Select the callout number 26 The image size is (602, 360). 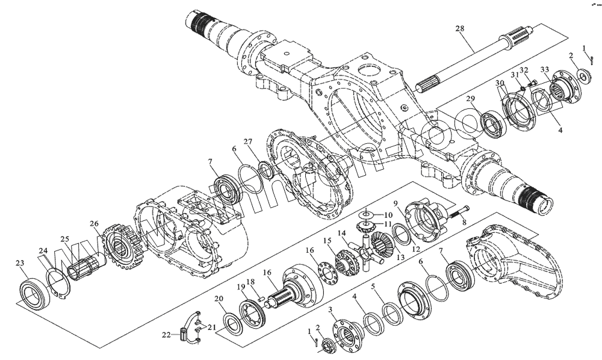tap(94, 224)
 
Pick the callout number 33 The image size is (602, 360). tap(544, 69)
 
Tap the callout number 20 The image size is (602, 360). tap(219, 299)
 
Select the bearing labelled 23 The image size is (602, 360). tap(33, 294)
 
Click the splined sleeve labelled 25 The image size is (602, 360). tap(84, 265)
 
